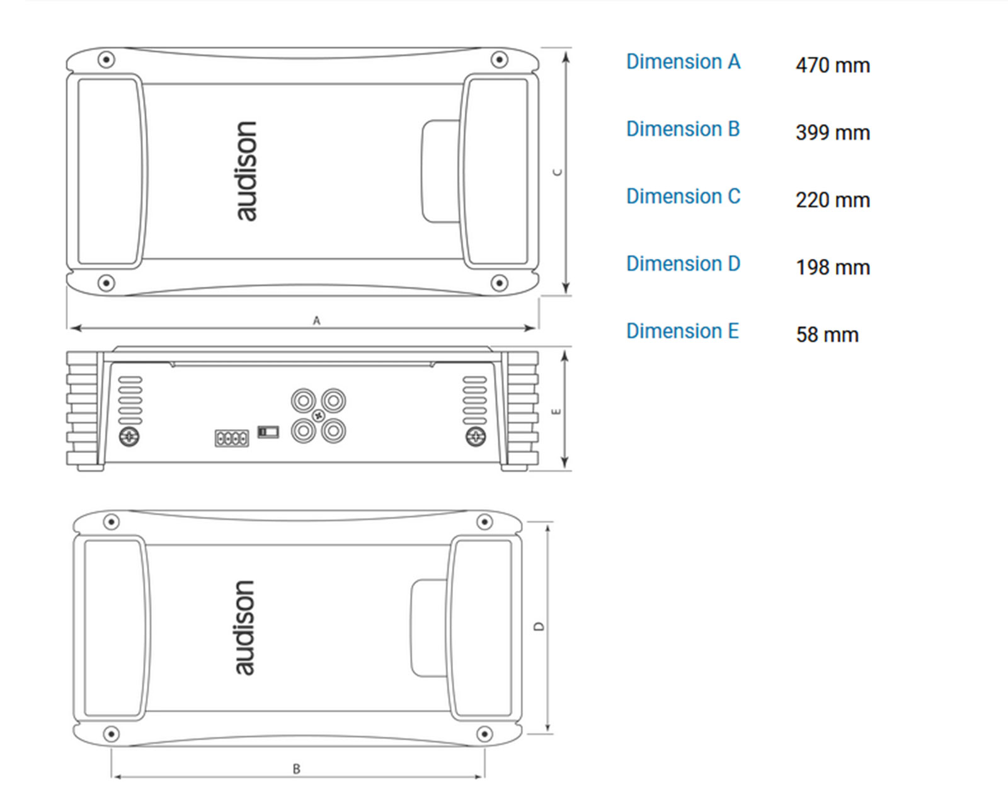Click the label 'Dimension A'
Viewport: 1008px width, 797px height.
[684, 62]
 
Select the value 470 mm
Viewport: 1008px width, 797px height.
[833, 65]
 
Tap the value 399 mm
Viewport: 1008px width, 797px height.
[833, 132]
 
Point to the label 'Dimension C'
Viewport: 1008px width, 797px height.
[684, 197]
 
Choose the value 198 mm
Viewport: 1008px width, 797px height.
[833, 268]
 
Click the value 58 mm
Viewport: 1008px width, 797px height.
[827, 335]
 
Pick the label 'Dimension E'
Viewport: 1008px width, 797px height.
[682, 331]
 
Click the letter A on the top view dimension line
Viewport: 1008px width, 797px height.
[317, 321]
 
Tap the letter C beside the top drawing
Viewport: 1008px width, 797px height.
[558, 173]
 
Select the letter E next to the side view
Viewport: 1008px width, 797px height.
[556, 412]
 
